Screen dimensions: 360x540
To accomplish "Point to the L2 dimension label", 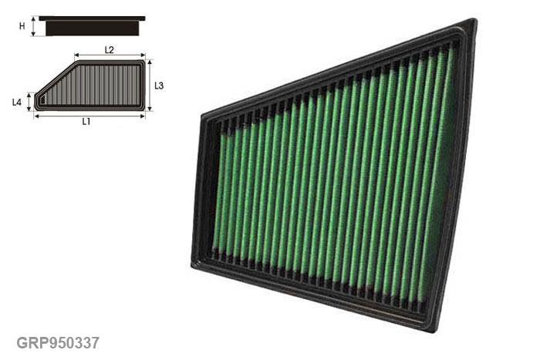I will click(x=109, y=49).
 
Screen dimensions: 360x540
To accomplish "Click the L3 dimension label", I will click(x=158, y=86).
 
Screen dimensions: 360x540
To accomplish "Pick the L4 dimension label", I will click(x=17, y=102).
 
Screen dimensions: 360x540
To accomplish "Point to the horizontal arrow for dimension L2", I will click(x=110, y=56).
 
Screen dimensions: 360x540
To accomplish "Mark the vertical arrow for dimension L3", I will click(x=150, y=86).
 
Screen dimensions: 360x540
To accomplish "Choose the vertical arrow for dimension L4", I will click(x=29, y=102).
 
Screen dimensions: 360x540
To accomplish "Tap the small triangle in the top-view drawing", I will click(x=42, y=99).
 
